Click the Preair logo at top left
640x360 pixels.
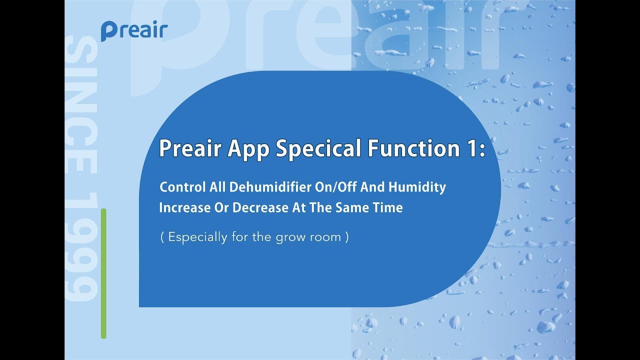point(134,30)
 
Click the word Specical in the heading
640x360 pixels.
point(309,148)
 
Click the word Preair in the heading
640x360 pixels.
point(190,148)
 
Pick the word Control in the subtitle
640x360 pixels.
point(182,187)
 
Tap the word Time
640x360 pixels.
point(388,207)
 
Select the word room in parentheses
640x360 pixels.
point(324,237)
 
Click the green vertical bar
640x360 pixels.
point(103,273)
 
